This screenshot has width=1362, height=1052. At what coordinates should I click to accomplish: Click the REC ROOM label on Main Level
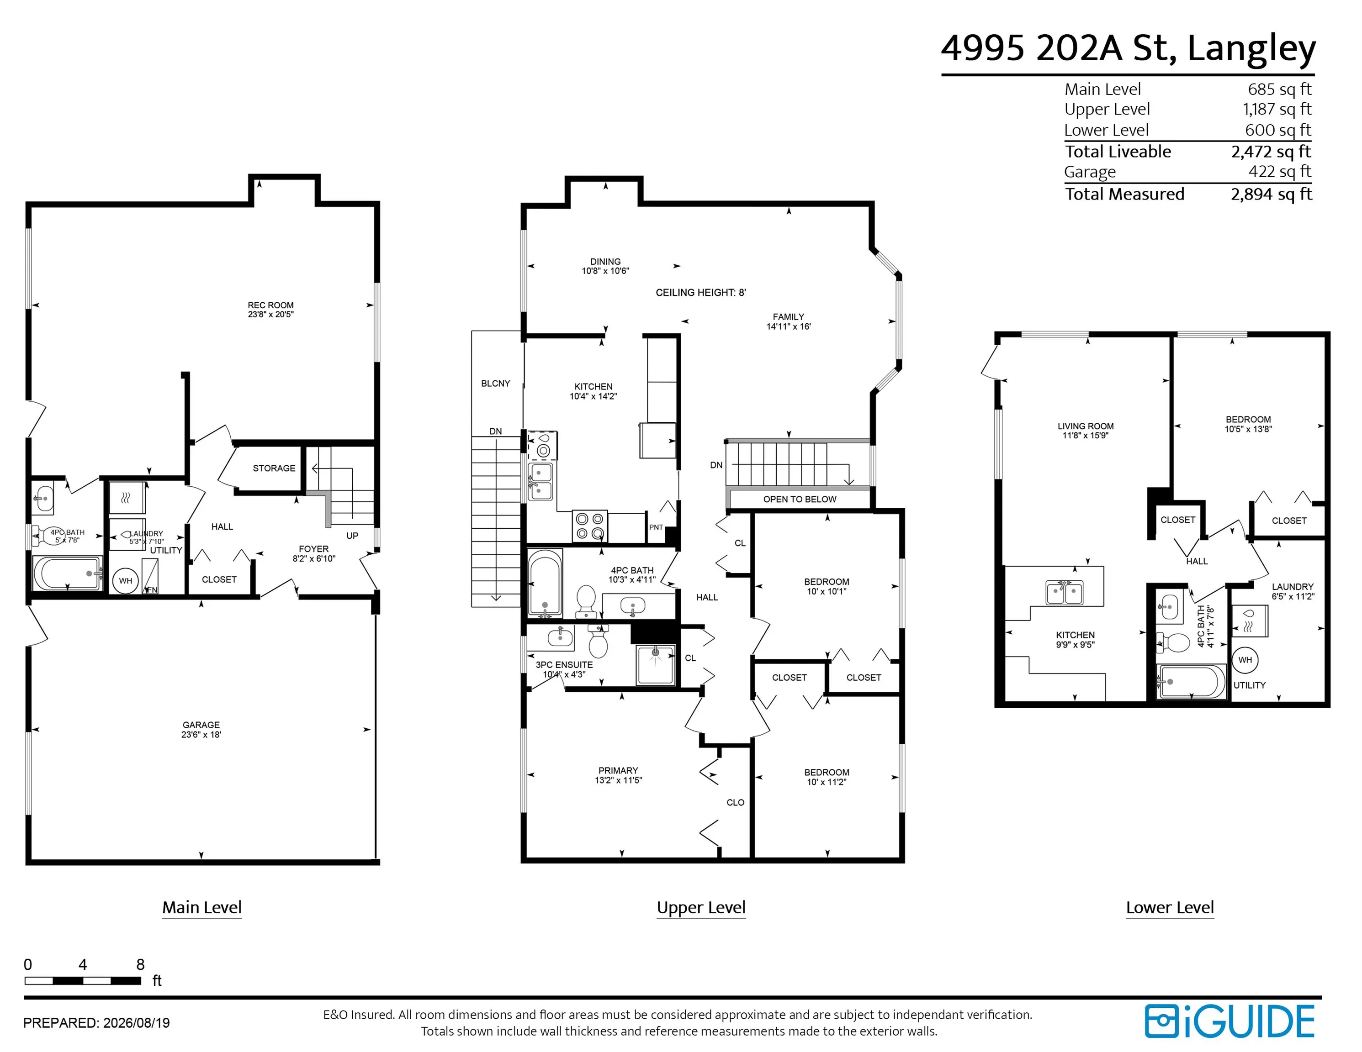pos(270,305)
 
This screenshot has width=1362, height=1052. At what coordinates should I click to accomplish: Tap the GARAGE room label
pos(201,725)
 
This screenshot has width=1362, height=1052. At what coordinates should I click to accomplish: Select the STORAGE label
pos(274,468)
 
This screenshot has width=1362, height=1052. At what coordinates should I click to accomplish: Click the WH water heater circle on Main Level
pos(125,581)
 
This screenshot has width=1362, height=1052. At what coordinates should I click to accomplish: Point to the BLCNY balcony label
pos(495,383)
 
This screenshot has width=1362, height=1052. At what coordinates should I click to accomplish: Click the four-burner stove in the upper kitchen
pos(589,526)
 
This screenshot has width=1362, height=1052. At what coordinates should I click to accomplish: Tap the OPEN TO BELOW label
pos(800,499)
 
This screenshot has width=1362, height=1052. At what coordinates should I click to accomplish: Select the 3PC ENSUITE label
pos(564,665)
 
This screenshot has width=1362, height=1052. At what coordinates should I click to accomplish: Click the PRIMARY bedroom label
pos(618,770)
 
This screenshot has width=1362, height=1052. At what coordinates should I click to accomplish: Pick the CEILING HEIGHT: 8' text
pos(700,292)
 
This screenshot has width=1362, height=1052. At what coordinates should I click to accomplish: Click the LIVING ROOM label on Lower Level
pos(1085,426)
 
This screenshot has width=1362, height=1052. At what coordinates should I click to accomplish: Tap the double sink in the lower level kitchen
pos(1065,592)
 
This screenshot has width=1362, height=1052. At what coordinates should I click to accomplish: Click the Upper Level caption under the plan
pos(701,907)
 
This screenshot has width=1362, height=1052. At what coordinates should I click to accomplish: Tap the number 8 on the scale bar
pos(140,965)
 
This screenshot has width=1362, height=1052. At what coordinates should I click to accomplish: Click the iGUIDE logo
pos(1229,1021)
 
